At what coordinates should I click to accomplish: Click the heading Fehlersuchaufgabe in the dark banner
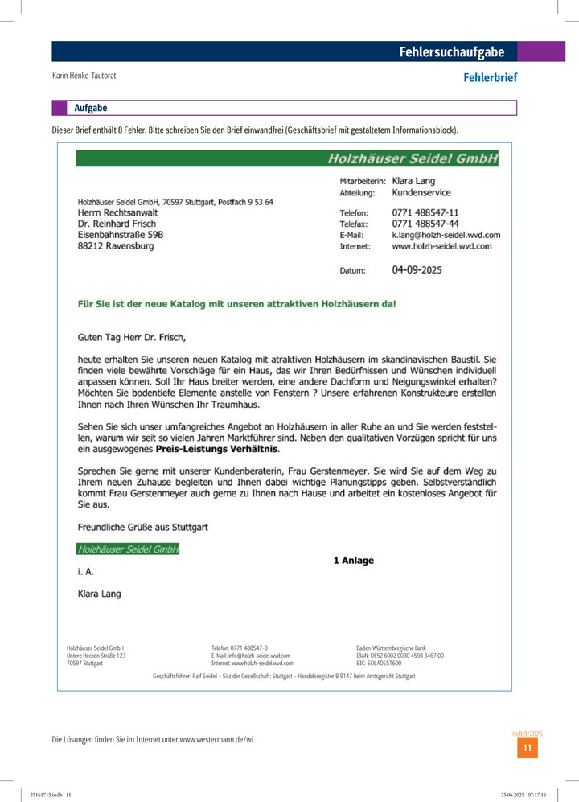tap(452, 52)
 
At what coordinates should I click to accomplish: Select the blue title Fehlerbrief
tap(490, 78)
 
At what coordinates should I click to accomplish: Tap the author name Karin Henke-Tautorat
tap(84, 76)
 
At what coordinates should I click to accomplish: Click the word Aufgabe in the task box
tap(90, 108)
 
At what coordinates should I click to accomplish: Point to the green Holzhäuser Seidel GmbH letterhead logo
tap(412, 158)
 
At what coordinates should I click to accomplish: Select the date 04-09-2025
tap(417, 270)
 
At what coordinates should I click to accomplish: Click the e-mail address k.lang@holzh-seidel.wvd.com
tap(446, 235)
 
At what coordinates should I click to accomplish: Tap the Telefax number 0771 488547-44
tap(425, 224)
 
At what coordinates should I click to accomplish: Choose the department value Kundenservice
tap(421, 193)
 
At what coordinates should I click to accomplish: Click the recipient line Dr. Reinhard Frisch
tap(117, 224)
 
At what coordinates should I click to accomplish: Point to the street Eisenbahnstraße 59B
tap(120, 235)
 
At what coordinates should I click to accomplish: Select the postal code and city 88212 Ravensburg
tap(115, 246)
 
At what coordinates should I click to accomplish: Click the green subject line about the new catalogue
tap(236, 305)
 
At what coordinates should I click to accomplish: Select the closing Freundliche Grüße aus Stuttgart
tap(142, 528)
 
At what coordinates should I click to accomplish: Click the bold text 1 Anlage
tap(353, 561)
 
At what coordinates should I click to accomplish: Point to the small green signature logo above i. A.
tap(128, 549)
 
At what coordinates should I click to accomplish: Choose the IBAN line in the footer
tap(400, 656)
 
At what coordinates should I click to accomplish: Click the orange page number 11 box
tap(527, 748)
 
